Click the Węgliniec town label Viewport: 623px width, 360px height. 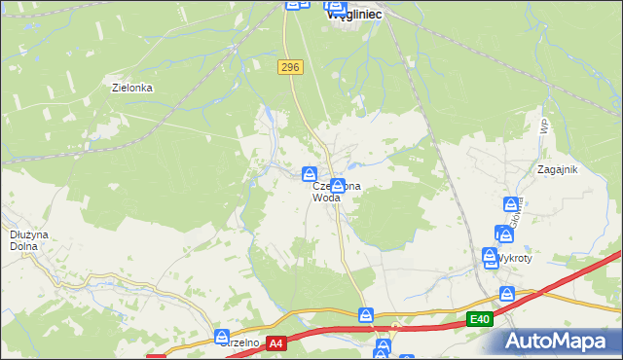pos(354,15)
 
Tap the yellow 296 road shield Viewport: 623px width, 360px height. pos(290,66)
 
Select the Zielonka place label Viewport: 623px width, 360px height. pos(133,87)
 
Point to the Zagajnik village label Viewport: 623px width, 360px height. pos(558,168)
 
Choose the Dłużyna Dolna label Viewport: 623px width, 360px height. pos(23,239)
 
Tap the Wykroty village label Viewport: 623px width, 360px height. pos(513,259)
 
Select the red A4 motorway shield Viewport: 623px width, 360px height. pos(276,343)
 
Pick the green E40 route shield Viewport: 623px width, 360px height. pos(478,319)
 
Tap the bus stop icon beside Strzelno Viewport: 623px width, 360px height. pos(223,337)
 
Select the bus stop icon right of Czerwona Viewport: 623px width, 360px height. pos(337,185)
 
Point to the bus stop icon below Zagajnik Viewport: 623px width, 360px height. pos(510,204)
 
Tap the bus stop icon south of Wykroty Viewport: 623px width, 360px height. pos(506,293)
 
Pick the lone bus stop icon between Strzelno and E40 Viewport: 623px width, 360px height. pos(366,314)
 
